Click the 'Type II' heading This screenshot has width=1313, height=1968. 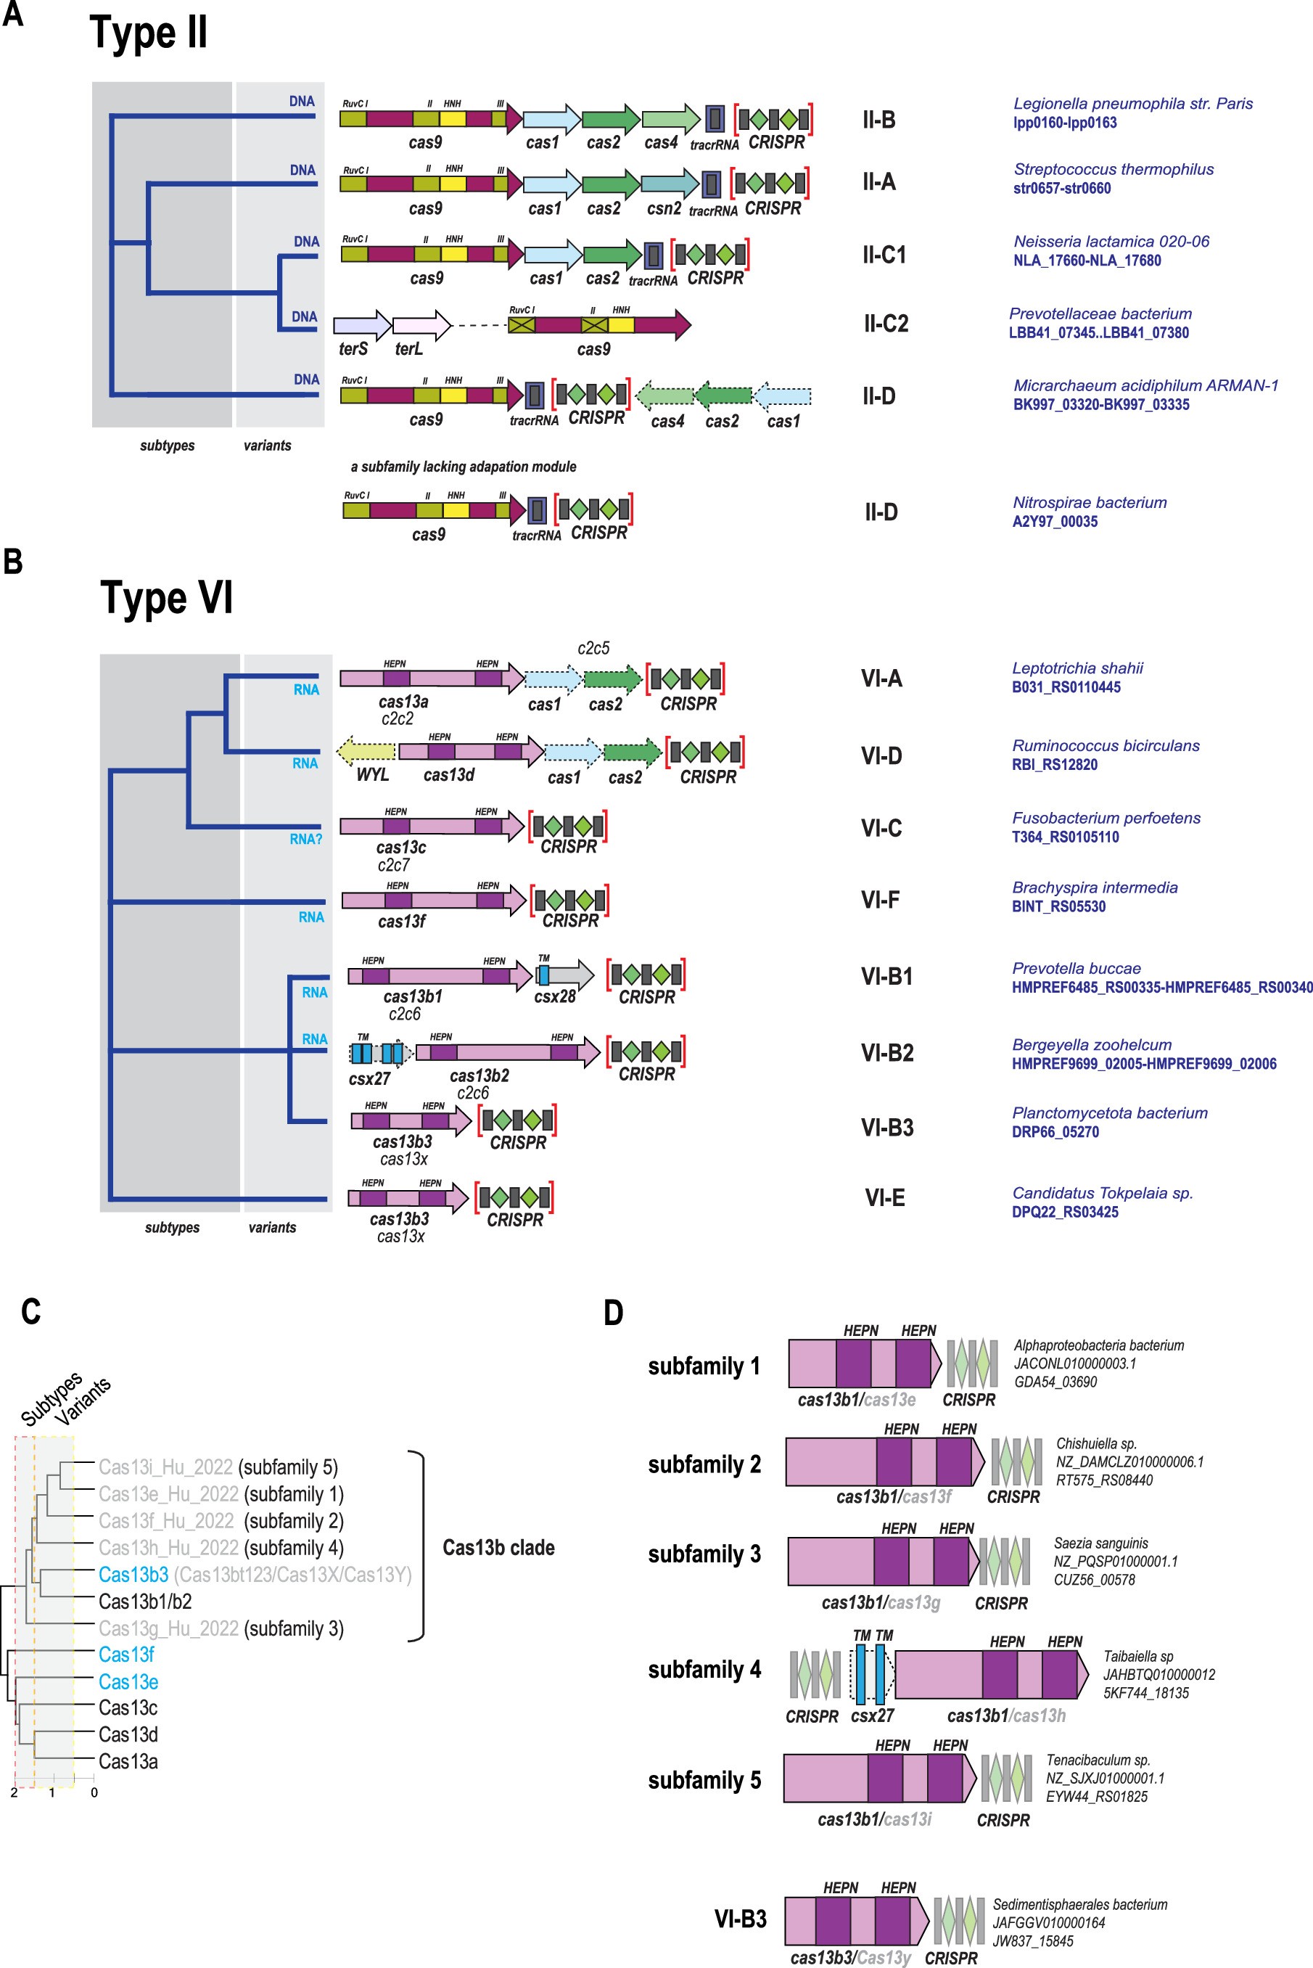point(148,33)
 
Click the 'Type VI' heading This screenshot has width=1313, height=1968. point(167,598)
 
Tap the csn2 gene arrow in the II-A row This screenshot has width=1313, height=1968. point(668,184)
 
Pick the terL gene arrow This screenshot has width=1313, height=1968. point(420,324)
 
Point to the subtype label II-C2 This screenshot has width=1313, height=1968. point(885,323)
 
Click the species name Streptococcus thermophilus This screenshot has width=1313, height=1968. point(1113,169)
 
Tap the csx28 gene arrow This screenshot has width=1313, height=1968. point(565,975)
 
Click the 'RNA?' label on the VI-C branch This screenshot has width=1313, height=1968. point(305,839)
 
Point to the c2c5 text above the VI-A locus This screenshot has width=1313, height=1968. point(593,648)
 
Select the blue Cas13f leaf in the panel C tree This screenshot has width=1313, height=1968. point(125,1654)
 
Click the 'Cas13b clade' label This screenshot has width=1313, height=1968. point(498,1547)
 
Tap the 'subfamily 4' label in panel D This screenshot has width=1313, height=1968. point(704,1669)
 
